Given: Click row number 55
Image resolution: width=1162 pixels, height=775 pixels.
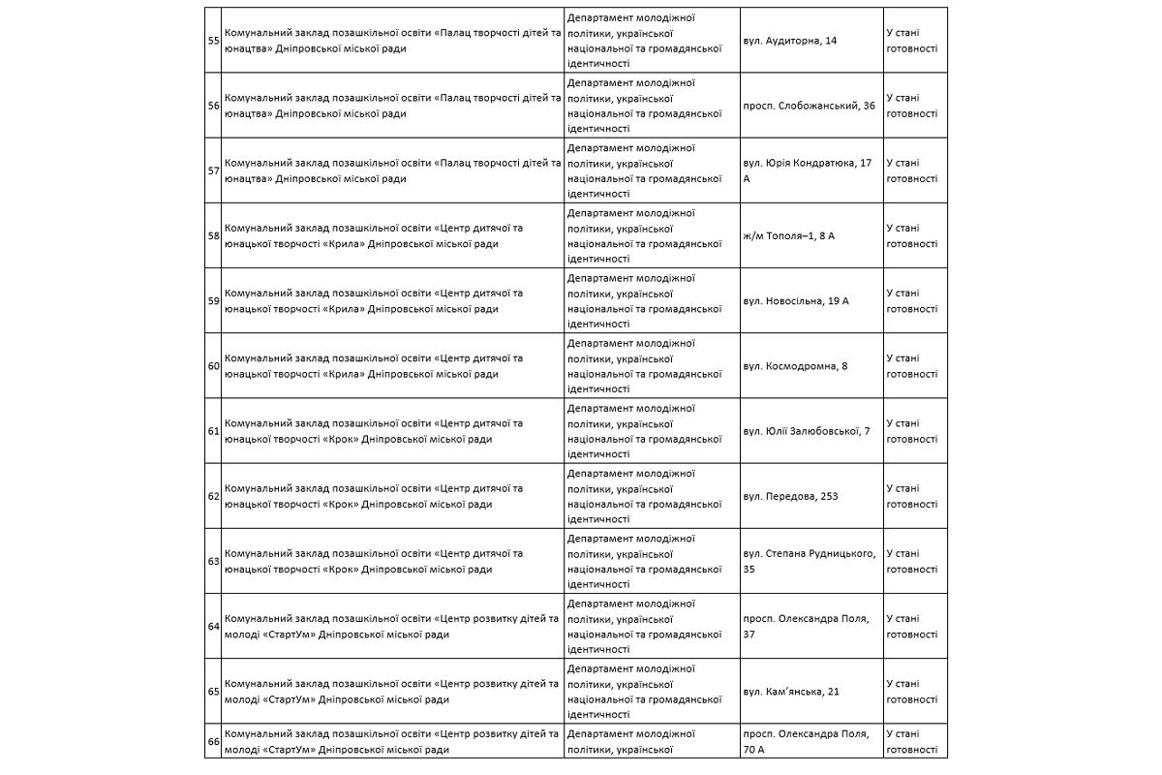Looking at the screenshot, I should [213, 41].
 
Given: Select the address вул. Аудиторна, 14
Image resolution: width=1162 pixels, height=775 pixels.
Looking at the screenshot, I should [789, 41].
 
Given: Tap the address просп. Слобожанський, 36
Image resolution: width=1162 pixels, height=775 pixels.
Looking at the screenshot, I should [809, 106].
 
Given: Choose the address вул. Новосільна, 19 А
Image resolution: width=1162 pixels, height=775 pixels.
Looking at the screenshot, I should [795, 301].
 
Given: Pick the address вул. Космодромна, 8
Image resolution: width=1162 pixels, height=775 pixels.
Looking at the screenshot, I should [795, 366].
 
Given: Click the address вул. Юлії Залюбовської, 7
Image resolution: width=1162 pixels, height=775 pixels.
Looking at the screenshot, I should [806, 431].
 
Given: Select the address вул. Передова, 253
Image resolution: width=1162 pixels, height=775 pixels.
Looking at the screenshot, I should [789, 496].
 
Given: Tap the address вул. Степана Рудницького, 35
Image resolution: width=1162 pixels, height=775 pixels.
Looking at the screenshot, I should [809, 561].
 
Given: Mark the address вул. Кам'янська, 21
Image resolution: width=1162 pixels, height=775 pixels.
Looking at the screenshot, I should [790, 691].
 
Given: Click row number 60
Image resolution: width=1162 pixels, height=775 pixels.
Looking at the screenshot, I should [213, 366].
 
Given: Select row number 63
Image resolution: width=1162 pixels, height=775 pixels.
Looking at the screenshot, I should [213, 561].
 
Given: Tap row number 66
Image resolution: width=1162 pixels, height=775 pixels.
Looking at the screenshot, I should [213, 742].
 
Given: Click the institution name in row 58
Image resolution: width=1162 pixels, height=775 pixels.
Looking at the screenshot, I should [374, 235].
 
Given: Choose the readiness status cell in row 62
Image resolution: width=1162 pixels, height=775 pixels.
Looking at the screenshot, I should [911, 496].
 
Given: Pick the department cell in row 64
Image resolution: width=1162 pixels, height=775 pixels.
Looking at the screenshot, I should [644, 626].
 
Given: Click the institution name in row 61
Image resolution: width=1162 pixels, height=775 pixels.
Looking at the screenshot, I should [374, 431].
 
